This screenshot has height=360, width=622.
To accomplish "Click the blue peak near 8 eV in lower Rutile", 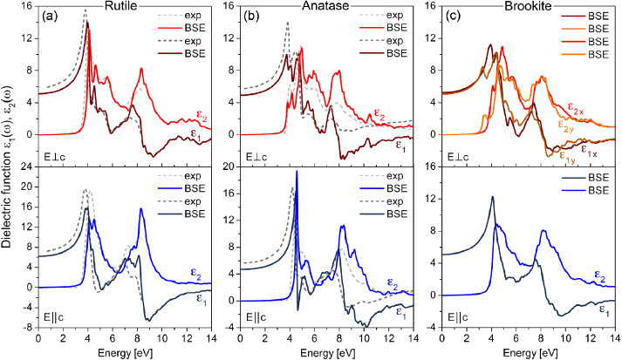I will pos(141,209).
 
